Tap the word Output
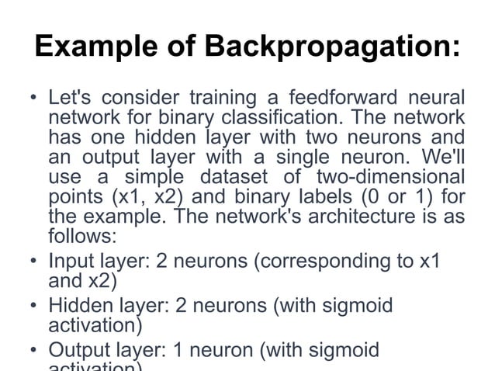[x=81, y=351]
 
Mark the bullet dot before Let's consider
[x=33, y=100]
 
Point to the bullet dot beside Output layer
[x=33, y=352]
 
